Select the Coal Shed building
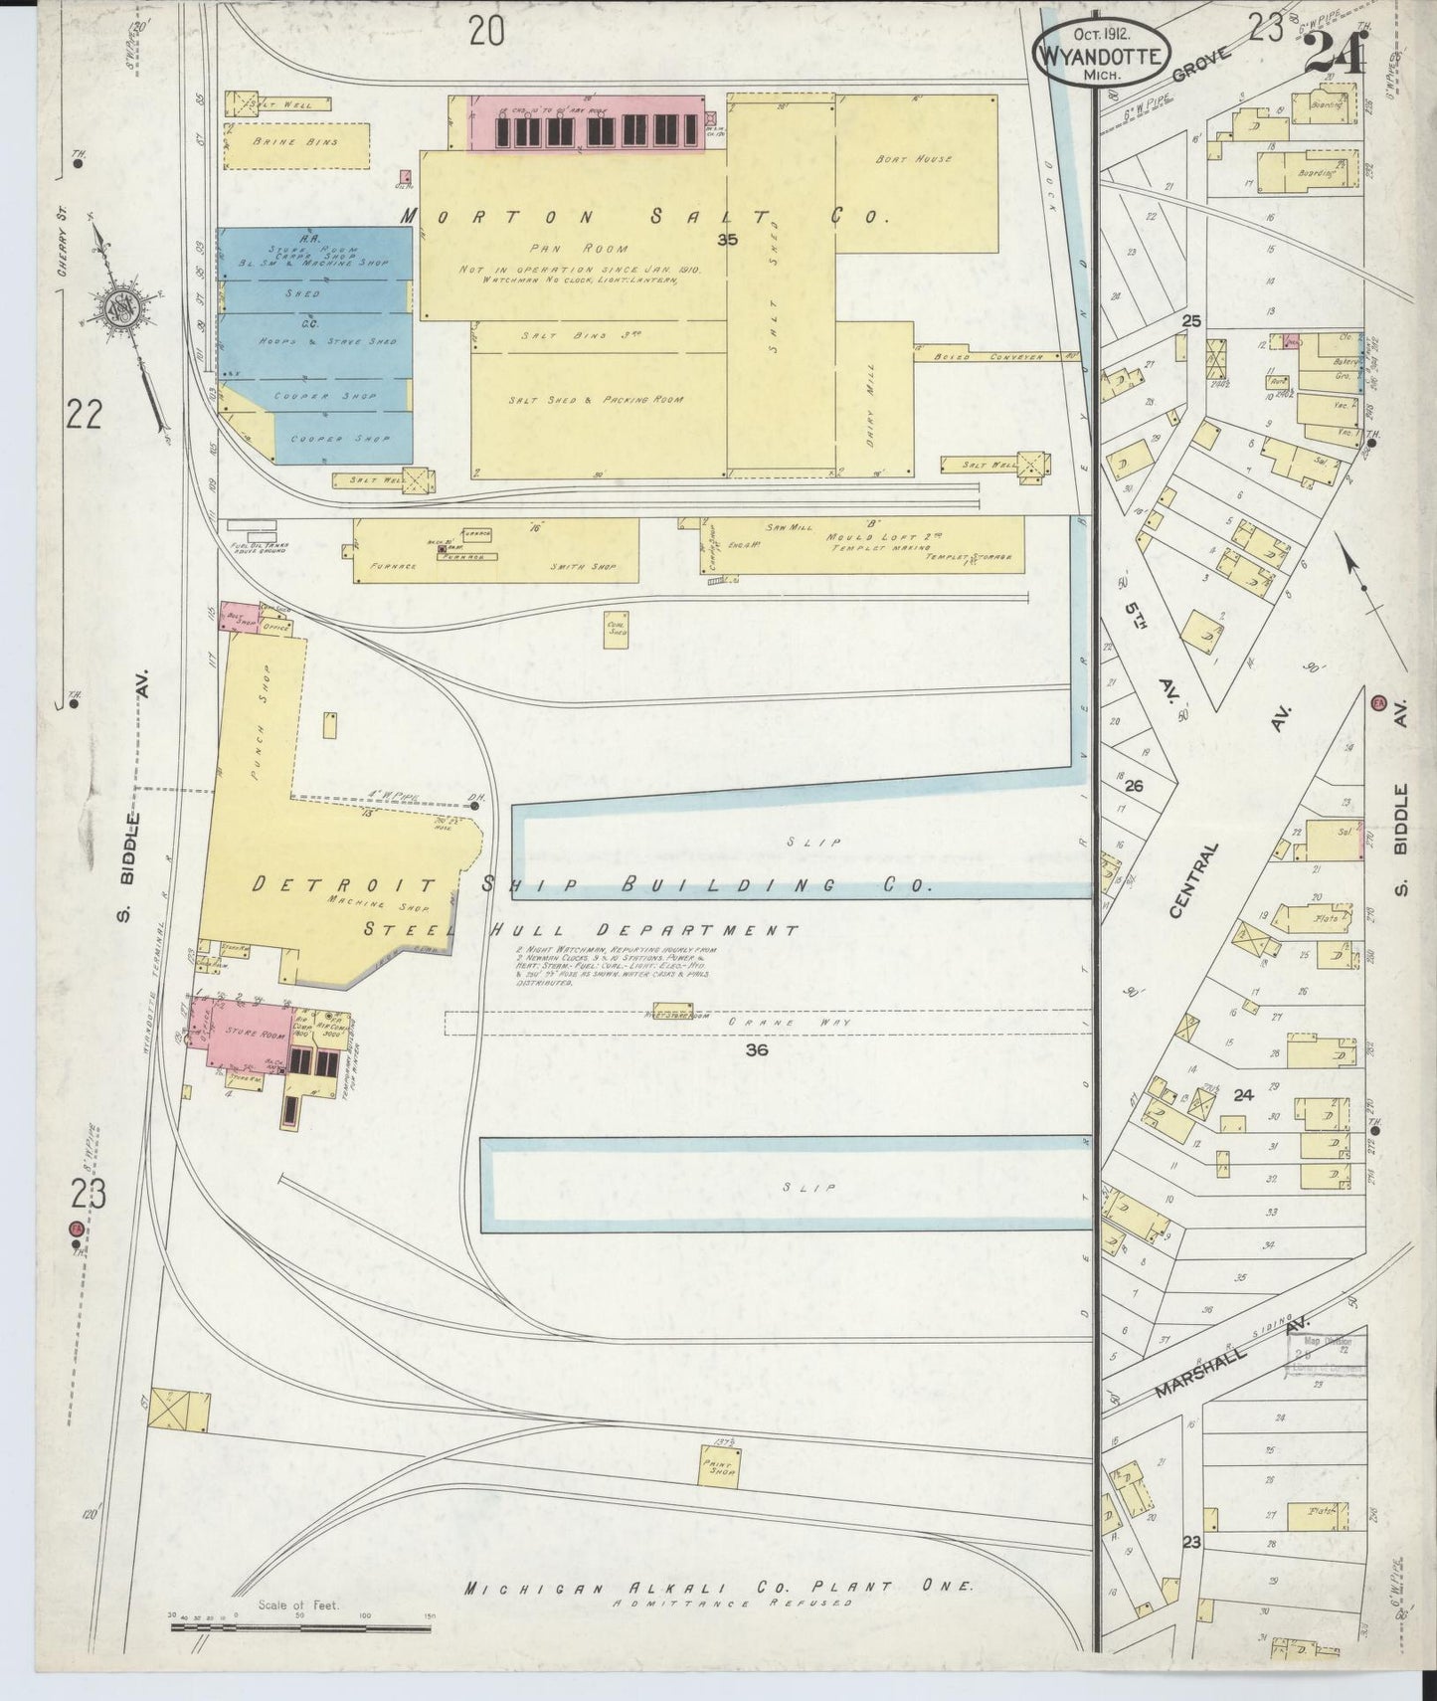click(x=616, y=630)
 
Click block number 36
click(x=757, y=1049)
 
